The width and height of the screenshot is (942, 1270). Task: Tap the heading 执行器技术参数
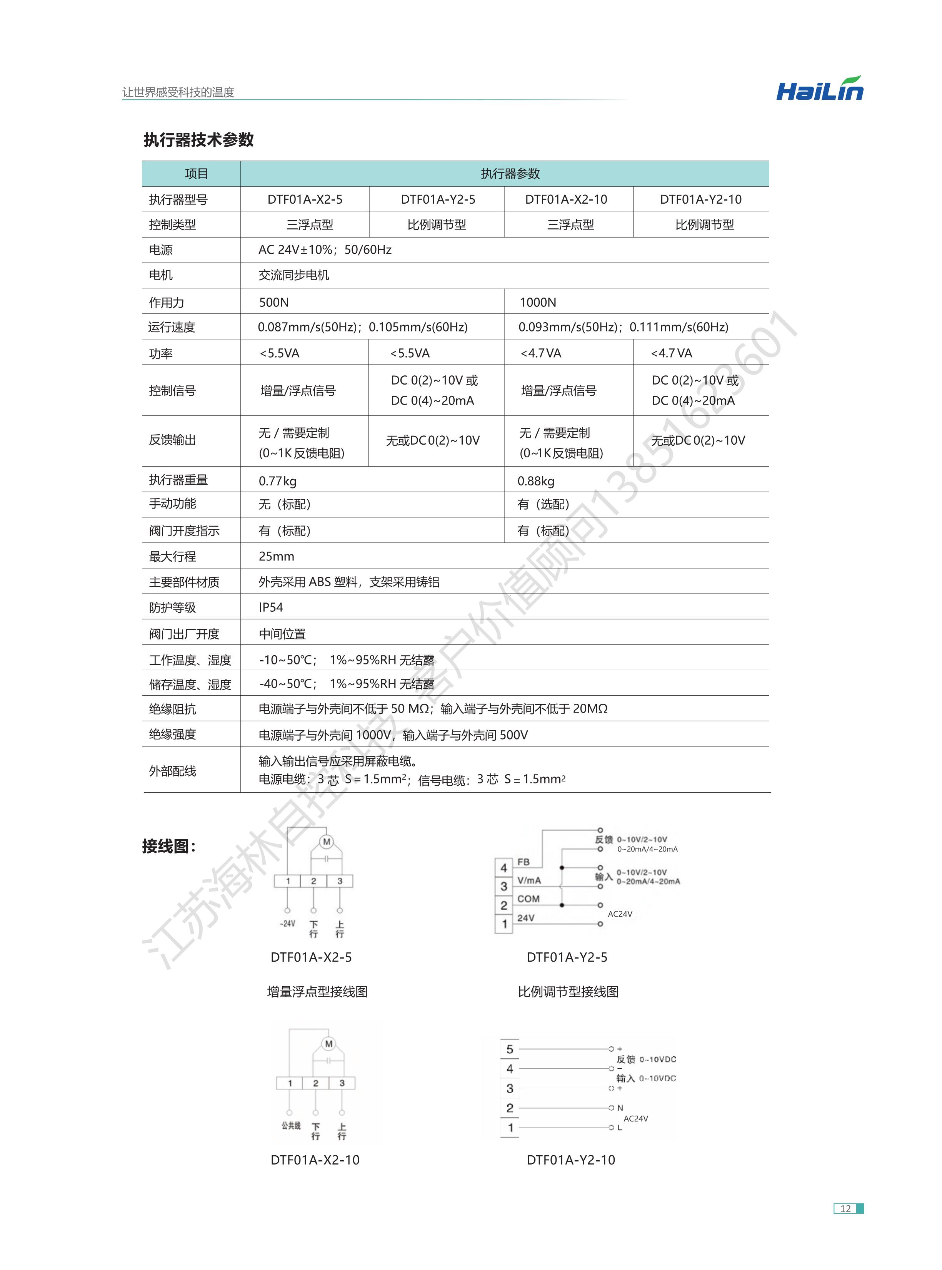(x=198, y=140)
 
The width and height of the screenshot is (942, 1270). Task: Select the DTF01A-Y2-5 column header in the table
(x=437, y=199)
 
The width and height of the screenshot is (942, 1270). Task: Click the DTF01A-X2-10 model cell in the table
(x=566, y=199)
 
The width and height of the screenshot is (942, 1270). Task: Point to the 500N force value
(x=274, y=302)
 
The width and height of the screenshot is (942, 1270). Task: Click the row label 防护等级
(x=172, y=607)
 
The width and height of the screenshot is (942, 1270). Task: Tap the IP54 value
(x=270, y=607)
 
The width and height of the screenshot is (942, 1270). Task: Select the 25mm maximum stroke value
(x=276, y=556)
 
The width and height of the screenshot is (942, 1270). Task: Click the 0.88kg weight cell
(x=535, y=481)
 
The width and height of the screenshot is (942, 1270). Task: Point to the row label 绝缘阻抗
(x=172, y=709)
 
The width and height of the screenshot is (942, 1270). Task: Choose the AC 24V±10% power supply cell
(x=325, y=250)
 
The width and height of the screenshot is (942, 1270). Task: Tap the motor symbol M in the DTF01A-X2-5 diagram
(x=327, y=842)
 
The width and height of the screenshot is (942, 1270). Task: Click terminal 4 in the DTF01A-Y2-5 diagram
(x=504, y=868)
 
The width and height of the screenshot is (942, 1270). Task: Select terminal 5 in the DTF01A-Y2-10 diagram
(x=510, y=1049)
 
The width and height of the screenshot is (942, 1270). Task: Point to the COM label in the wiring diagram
(x=528, y=899)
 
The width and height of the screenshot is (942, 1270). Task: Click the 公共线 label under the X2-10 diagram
(x=291, y=1126)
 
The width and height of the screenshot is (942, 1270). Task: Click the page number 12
(x=845, y=1208)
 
